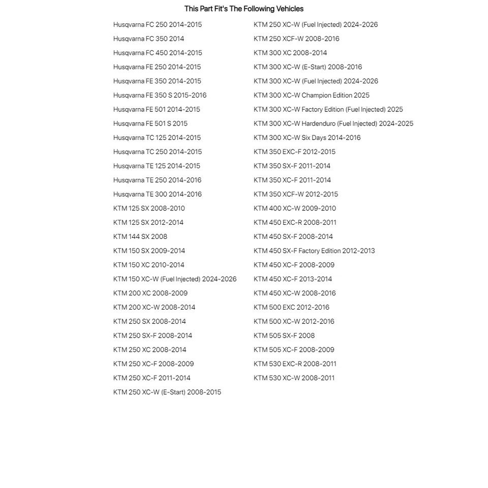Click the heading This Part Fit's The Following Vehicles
(x=243, y=9)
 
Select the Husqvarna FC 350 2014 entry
(x=148, y=39)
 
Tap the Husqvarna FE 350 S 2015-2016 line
(x=160, y=95)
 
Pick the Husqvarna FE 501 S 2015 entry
(x=150, y=124)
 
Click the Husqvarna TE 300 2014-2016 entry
(x=157, y=194)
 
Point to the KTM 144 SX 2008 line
(x=140, y=236)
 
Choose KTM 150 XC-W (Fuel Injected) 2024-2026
(x=175, y=279)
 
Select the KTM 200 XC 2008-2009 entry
(x=150, y=293)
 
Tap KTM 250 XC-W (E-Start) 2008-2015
(x=167, y=392)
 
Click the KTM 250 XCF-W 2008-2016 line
(x=296, y=39)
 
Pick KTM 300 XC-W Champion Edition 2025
(x=311, y=95)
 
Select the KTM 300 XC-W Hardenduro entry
(x=333, y=124)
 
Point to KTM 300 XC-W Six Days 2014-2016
(x=307, y=138)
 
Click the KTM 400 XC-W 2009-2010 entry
(x=294, y=208)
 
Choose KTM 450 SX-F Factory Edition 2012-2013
(x=314, y=251)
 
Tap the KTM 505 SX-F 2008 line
(x=284, y=335)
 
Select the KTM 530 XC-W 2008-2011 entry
(x=294, y=378)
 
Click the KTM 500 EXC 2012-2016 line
(x=291, y=308)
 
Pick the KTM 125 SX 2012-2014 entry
(x=148, y=223)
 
